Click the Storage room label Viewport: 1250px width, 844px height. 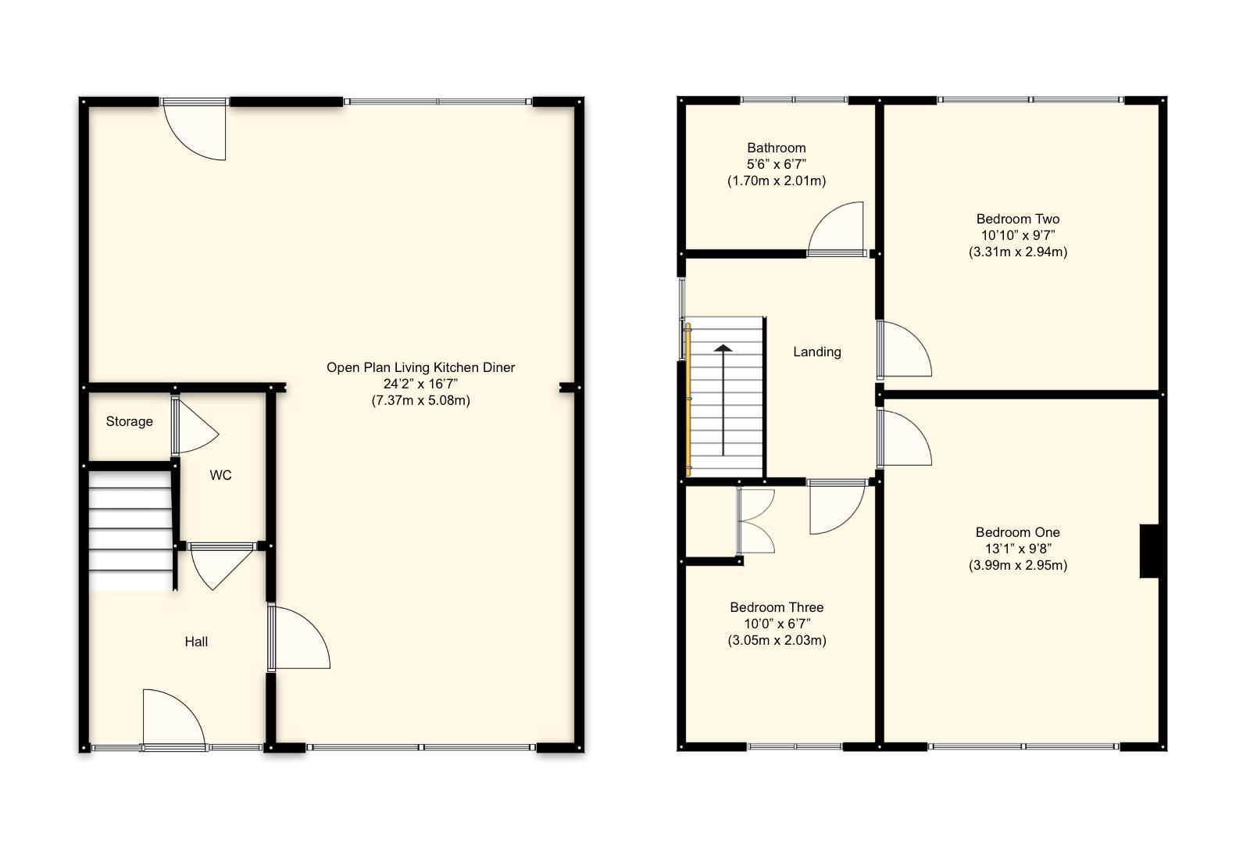pos(129,421)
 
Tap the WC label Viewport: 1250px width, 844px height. pos(220,475)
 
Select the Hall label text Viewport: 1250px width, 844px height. pos(196,642)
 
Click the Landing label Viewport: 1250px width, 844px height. pos(816,352)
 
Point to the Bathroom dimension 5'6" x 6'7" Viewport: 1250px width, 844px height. pos(776,164)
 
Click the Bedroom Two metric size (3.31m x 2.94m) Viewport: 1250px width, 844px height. pos(1017,252)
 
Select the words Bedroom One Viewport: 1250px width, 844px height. pos(1017,532)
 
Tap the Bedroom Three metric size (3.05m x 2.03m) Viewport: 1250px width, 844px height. pos(776,640)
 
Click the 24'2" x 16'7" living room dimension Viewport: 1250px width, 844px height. pos(420,384)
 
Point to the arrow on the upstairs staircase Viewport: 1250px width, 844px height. pos(723,399)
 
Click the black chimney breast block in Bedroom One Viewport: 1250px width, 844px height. pos(1149,551)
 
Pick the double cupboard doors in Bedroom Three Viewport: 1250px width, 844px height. pos(755,521)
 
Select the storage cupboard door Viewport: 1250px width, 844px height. pos(193,427)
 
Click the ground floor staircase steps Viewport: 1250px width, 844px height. pos(129,528)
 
